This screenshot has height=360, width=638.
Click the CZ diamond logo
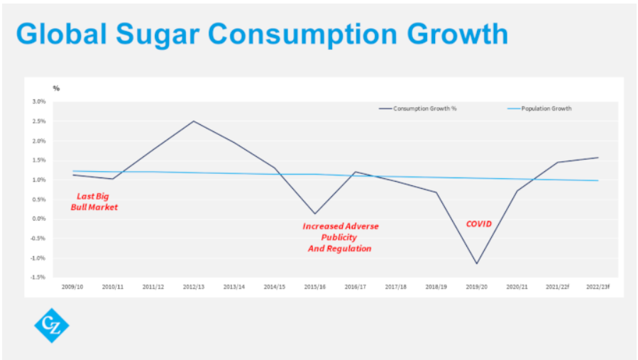click(x=51, y=325)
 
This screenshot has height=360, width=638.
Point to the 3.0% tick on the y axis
click(x=38, y=102)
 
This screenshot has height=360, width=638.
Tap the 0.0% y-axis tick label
click(x=38, y=219)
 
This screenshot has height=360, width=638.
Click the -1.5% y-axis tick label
click(x=38, y=277)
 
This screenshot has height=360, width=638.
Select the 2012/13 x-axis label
click(x=194, y=286)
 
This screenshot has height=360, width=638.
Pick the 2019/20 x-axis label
click(x=476, y=286)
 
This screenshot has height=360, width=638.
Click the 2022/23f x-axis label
click(x=598, y=286)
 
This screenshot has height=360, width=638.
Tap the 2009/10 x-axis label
click(x=72, y=286)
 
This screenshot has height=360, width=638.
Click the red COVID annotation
click(x=478, y=224)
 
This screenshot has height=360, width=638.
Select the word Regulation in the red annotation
click(x=341, y=249)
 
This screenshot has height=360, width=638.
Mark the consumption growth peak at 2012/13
click(x=194, y=121)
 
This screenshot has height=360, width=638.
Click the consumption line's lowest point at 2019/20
click(x=476, y=263)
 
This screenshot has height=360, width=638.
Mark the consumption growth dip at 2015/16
click(x=314, y=214)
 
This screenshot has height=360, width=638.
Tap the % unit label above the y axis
click(x=57, y=88)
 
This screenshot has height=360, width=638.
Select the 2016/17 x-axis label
click(x=355, y=286)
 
